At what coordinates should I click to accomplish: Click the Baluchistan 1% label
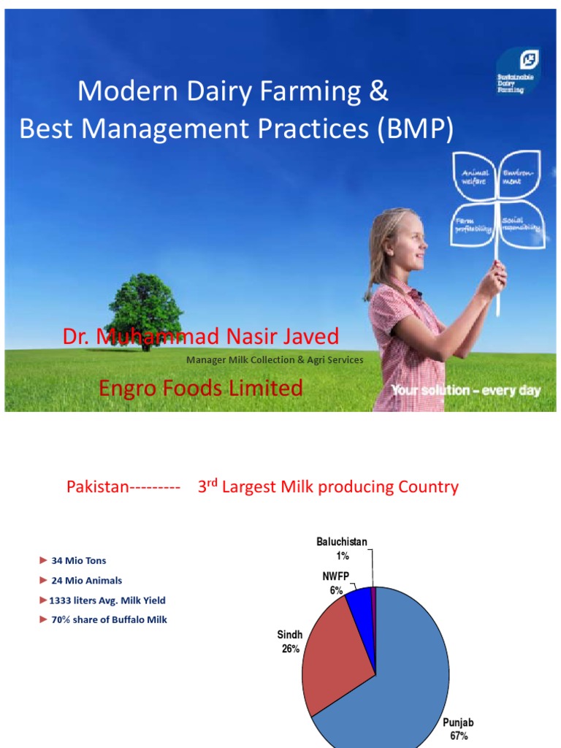click(342, 549)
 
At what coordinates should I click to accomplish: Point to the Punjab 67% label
click(459, 729)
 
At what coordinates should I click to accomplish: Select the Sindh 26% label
click(290, 641)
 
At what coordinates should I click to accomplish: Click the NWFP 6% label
click(335, 583)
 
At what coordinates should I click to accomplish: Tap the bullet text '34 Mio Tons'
click(78, 561)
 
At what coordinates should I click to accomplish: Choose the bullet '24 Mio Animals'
click(86, 581)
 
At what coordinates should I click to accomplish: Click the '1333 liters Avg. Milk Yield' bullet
click(107, 600)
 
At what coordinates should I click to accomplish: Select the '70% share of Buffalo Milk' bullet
click(109, 620)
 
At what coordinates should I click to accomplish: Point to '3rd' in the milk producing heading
click(208, 486)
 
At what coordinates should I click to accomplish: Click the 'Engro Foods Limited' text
click(200, 389)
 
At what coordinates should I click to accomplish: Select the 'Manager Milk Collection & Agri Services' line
click(275, 360)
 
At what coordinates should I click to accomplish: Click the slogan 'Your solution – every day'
click(465, 390)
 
